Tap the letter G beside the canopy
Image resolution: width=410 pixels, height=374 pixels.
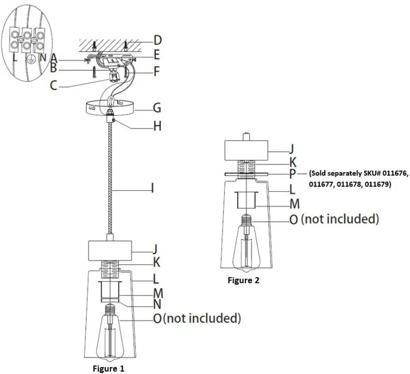coord(157,108)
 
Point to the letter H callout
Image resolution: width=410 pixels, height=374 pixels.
coord(157,126)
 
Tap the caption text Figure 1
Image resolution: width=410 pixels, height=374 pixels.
coord(109,368)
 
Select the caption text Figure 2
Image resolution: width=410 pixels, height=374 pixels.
coord(243,280)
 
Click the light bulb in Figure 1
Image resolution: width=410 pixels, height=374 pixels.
coord(110,334)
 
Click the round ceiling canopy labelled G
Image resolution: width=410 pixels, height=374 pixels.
coord(110,108)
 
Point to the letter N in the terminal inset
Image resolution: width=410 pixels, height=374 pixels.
coord(44,58)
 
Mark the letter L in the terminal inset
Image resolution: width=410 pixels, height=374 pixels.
coord(15,58)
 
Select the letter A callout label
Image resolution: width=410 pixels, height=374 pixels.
coord(54,58)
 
